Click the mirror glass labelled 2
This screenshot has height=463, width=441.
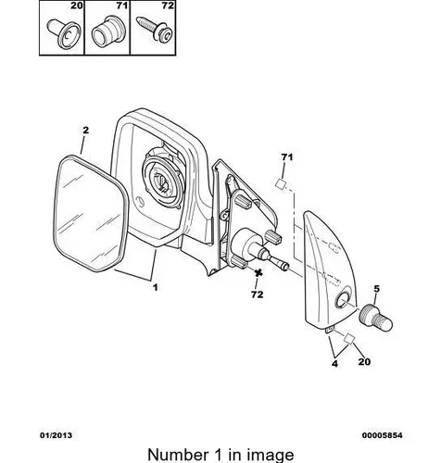point(91,214)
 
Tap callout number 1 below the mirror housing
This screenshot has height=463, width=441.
point(156,287)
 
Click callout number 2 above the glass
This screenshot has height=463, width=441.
point(85,130)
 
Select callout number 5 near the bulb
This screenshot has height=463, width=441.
point(376,289)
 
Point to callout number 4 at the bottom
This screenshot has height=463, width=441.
point(334,364)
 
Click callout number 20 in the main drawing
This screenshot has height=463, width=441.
point(364,361)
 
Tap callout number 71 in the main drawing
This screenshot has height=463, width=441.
point(287,157)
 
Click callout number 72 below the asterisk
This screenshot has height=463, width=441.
point(258,294)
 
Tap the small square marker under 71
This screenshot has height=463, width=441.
point(280,184)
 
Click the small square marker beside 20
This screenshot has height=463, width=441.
point(349,338)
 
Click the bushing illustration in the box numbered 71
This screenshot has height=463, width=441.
point(106,32)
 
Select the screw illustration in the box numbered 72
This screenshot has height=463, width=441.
point(154,28)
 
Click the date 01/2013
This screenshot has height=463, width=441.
point(56,435)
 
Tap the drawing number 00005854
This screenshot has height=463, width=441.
point(382,435)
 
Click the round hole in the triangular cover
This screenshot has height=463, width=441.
point(343,300)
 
